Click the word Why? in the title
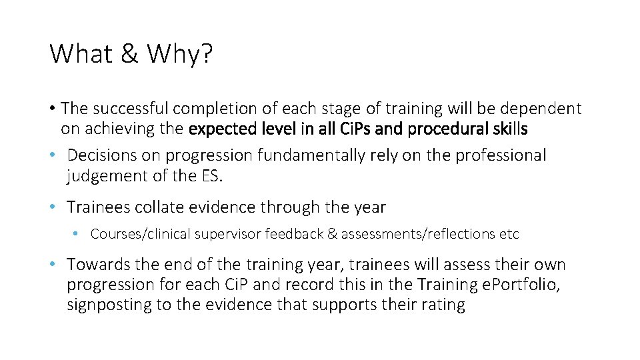[179, 54]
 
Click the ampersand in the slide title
[129, 54]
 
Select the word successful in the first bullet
[126, 108]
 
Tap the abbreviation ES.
[212, 176]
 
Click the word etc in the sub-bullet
[509, 234]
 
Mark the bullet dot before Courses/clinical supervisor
[78, 234]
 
